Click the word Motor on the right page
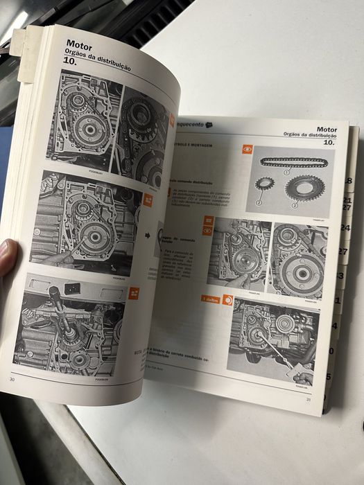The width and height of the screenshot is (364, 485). click(327, 129)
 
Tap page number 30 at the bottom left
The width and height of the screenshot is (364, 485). click(12, 378)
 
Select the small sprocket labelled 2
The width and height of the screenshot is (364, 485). click(264, 185)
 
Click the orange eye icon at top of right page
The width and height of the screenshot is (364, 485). click(247, 149)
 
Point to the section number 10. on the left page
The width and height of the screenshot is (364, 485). click(70, 62)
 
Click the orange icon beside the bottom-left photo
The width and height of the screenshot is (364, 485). click(134, 292)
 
